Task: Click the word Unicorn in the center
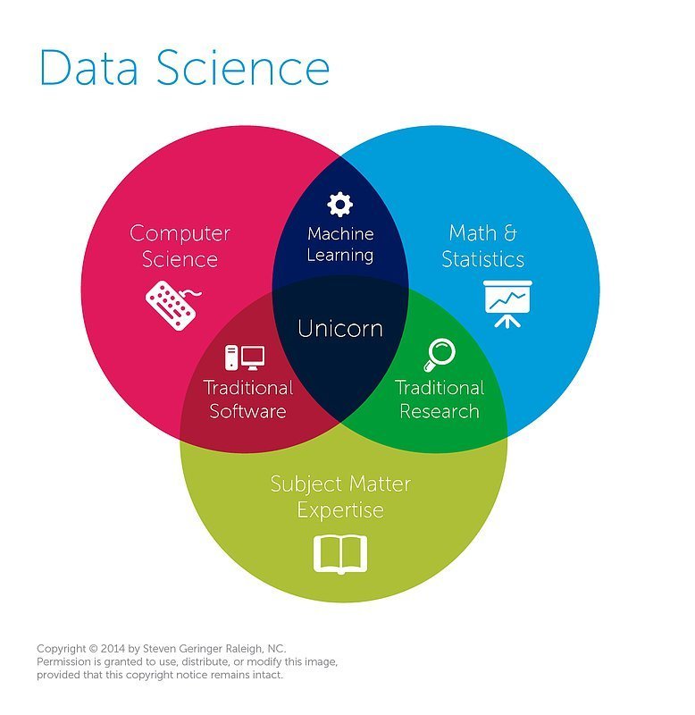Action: (340, 329)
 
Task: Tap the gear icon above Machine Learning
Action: (339, 205)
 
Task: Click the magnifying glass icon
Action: (439, 354)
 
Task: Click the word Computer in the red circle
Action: (180, 234)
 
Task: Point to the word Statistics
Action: (482, 260)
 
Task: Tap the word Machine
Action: (340, 233)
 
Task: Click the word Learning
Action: (340, 255)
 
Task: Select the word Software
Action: (247, 412)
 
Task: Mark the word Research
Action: (439, 412)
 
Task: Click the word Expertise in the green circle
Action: (340, 511)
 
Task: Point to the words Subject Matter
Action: (340, 484)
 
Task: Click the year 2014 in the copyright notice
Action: (113, 648)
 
